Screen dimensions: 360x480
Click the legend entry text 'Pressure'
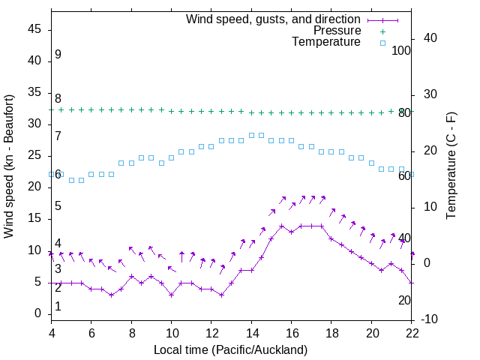tap(337, 31)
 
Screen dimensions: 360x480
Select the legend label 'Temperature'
tap(326, 42)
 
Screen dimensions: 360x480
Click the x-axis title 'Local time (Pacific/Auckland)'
tap(230, 349)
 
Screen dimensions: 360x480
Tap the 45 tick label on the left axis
tap(35, 29)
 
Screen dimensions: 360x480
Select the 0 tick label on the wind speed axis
tap(38, 313)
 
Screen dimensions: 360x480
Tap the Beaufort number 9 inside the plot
tap(58, 55)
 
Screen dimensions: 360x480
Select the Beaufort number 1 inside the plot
tap(58, 306)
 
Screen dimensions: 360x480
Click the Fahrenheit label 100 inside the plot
tap(401, 50)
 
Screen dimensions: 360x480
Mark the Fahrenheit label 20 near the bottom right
tap(404, 300)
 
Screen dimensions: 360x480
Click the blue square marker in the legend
tap(382, 43)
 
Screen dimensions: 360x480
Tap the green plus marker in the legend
tap(382, 31)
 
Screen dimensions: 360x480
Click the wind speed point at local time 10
tap(171, 295)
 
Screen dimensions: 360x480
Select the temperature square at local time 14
tap(251, 135)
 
